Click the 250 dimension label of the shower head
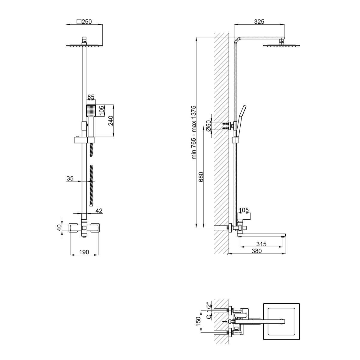(87, 22)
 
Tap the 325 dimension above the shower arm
(259, 22)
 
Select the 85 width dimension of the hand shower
(91, 97)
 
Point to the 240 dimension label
(111, 121)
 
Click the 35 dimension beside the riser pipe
(70, 178)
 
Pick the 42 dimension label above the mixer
(99, 211)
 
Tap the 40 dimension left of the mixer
(59, 228)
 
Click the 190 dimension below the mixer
(84, 252)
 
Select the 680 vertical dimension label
(201, 177)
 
